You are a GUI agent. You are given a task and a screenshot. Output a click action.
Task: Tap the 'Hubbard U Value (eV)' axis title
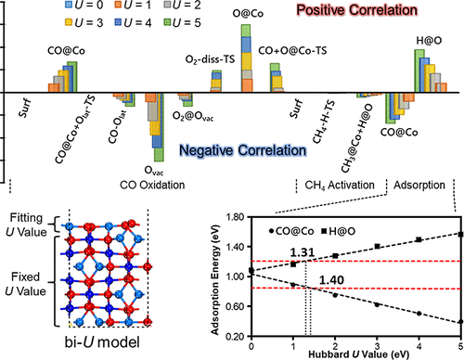pos(356,354)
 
